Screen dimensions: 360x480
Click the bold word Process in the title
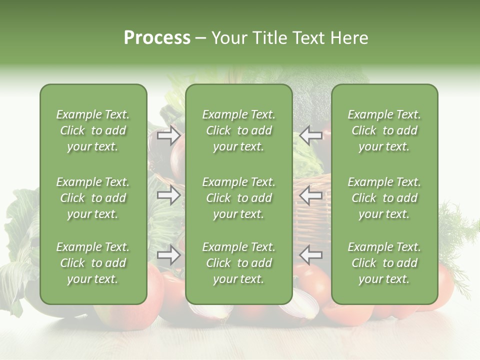click(157, 38)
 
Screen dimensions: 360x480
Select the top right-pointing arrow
click(169, 135)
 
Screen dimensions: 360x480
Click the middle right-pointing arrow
click(169, 195)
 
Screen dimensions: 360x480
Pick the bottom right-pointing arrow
click(169, 255)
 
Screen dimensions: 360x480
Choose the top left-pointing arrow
click(311, 135)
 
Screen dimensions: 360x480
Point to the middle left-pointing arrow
click(311, 195)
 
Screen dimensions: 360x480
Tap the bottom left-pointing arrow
click(311, 255)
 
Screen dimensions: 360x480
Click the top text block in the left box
click(93, 130)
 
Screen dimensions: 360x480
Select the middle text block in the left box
click(93, 198)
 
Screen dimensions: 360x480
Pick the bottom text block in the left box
click(93, 263)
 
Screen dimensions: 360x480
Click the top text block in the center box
click(239, 130)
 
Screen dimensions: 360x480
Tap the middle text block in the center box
click(239, 198)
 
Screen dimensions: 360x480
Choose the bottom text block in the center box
click(239, 263)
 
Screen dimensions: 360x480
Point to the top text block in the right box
click(384, 130)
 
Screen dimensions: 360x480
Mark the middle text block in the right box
click(384, 198)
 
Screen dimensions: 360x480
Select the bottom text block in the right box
click(384, 263)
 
